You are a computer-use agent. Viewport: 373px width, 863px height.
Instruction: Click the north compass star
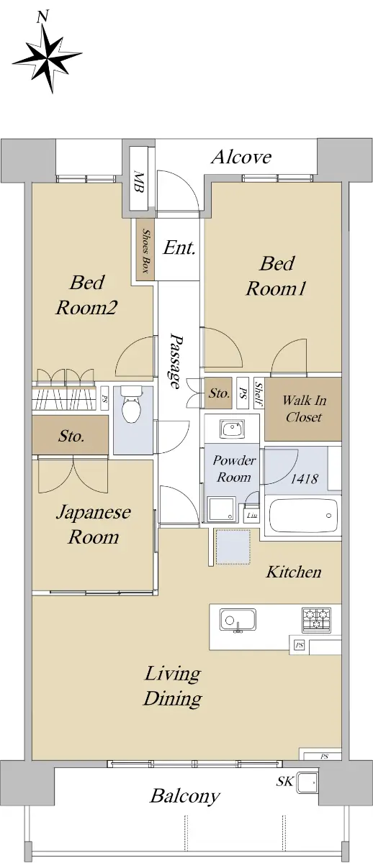tap(48, 57)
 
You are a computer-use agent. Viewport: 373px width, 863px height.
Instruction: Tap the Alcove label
tap(241, 157)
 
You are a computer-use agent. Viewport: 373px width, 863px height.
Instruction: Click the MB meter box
tap(138, 179)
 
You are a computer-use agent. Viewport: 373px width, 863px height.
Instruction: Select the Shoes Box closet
tap(145, 250)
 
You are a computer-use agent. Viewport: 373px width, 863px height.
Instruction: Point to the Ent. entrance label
tap(179, 247)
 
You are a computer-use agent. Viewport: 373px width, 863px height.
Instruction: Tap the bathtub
tap(302, 516)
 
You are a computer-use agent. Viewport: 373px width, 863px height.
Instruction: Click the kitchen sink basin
tap(238, 620)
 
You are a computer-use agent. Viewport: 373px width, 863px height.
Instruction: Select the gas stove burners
tap(316, 619)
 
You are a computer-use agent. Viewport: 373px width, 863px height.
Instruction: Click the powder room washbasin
tap(232, 429)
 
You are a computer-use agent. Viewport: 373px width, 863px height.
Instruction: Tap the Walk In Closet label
tap(304, 408)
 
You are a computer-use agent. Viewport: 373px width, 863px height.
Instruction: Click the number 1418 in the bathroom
tap(305, 478)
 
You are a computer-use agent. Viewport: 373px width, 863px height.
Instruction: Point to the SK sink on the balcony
tap(307, 783)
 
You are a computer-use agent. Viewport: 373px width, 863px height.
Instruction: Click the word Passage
tap(176, 362)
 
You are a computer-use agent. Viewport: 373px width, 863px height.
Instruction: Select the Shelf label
tap(259, 394)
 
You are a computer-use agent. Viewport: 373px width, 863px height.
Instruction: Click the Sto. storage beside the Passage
tap(218, 393)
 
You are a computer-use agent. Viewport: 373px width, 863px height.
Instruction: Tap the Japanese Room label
tap(94, 524)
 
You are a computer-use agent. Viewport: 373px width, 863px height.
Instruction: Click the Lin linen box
tap(252, 515)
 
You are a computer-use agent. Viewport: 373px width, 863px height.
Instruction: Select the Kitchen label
tap(294, 572)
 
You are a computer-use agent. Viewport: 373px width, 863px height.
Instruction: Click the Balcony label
tap(185, 796)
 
